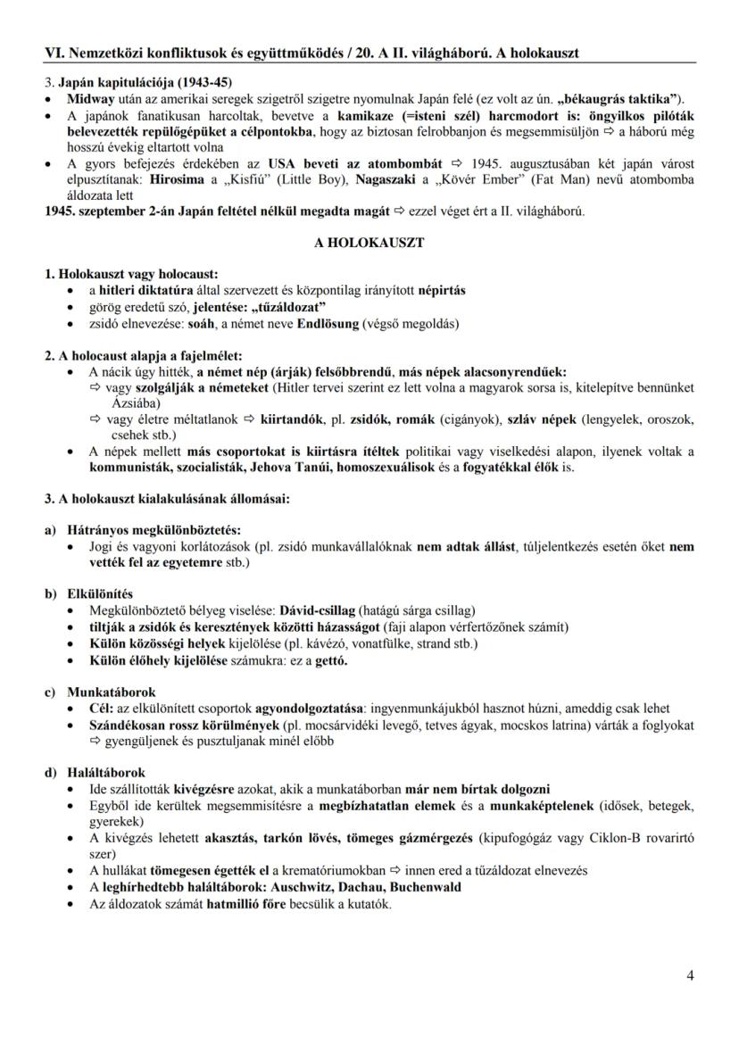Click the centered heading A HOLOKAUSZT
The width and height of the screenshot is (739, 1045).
[369, 242]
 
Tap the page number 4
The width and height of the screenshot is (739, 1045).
[690, 975]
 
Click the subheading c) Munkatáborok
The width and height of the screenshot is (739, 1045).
[100, 692]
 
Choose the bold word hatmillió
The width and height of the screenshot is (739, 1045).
[237, 903]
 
